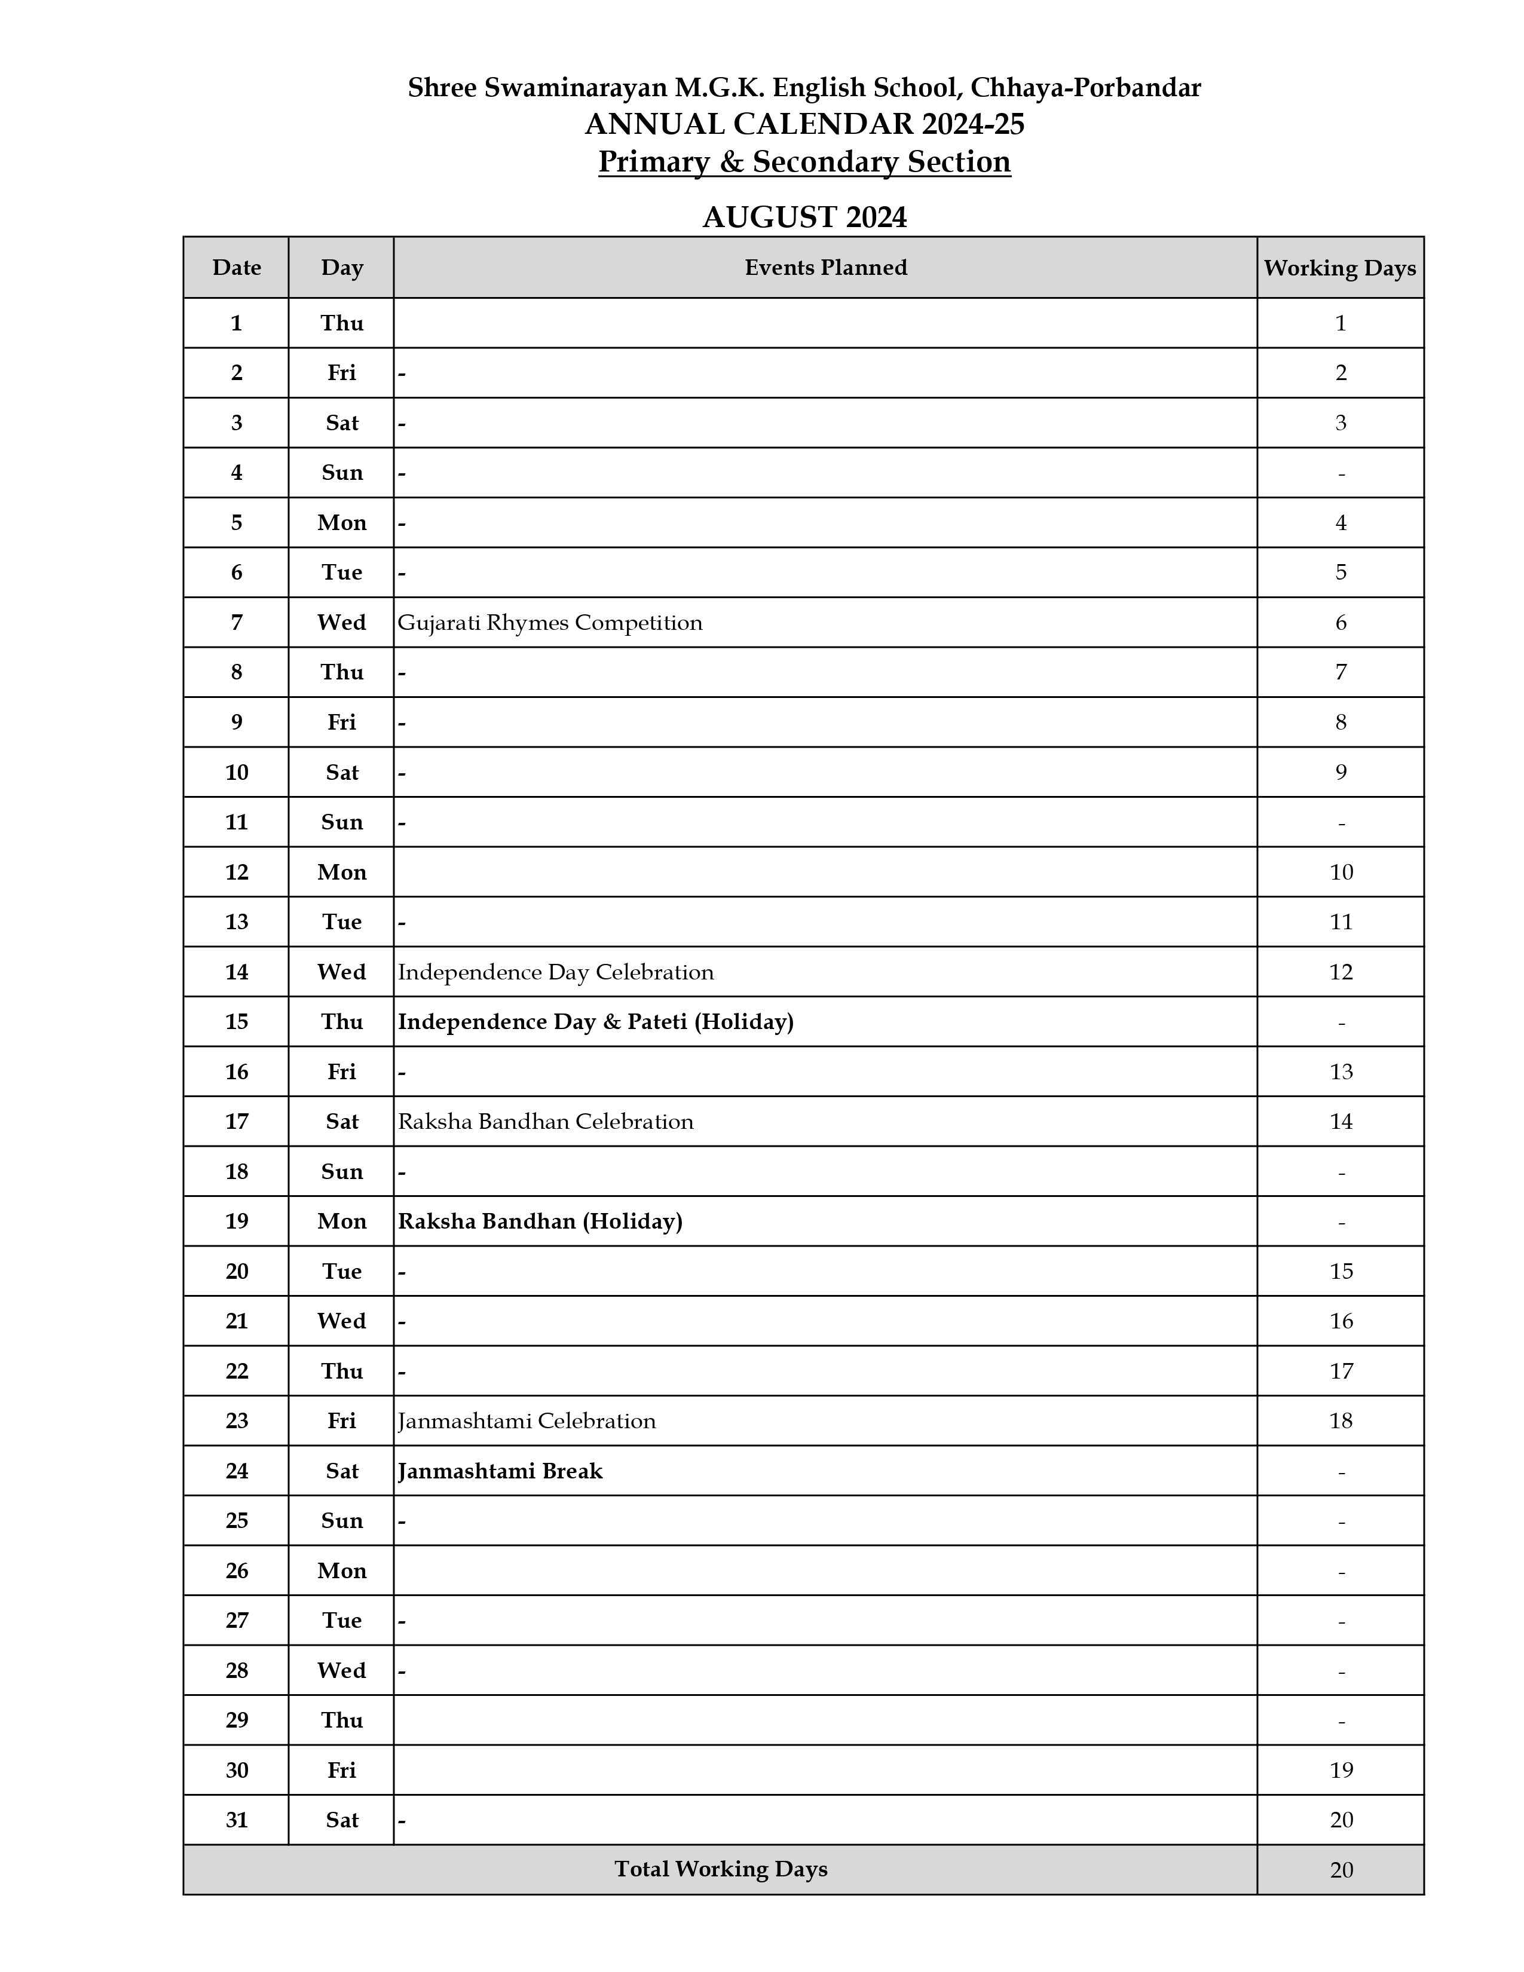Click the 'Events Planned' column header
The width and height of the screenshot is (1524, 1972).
pyautogui.click(x=825, y=267)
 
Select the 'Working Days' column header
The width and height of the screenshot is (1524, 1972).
pyautogui.click(x=1340, y=268)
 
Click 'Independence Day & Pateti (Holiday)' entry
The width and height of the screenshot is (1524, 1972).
pyautogui.click(x=596, y=1021)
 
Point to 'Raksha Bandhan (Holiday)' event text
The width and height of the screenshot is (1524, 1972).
pyautogui.click(x=540, y=1221)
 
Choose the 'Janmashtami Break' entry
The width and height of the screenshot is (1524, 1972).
pyautogui.click(x=500, y=1471)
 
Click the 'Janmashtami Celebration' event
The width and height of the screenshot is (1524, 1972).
pyautogui.click(x=527, y=1421)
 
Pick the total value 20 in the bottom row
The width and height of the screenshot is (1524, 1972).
pyautogui.click(x=1341, y=1870)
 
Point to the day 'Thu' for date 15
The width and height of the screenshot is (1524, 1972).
pyautogui.click(x=341, y=1021)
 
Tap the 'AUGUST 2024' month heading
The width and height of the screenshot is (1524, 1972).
pyautogui.click(x=804, y=218)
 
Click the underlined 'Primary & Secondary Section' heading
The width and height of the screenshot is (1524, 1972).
pyautogui.click(x=804, y=161)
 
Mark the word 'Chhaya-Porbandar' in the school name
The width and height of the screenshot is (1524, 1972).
pyautogui.click(x=1085, y=88)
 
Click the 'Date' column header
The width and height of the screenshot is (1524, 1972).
pyautogui.click(x=237, y=267)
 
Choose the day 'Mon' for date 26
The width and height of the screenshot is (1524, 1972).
pyautogui.click(x=341, y=1570)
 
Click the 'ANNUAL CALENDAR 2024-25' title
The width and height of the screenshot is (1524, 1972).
pyautogui.click(x=804, y=124)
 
